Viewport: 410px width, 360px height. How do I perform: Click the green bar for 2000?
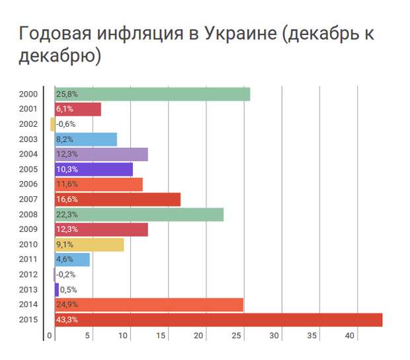click(152, 94)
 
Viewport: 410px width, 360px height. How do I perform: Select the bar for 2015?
click(218, 320)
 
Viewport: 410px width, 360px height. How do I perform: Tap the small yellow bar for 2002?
click(52, 124)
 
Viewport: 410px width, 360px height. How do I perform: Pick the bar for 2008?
click(139, 215)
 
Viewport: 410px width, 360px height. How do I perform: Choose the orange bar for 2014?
click(149, 305)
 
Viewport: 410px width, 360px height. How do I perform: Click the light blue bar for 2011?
click(72, 260)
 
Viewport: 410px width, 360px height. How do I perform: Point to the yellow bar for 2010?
click(89, 244)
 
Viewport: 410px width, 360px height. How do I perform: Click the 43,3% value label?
click(67, 320)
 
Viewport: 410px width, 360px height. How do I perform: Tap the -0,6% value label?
click(66, 124)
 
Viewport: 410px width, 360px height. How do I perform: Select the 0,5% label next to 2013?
click(67, 290)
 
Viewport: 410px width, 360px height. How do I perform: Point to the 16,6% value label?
click(67, 199)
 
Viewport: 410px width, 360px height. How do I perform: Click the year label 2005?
click(28, 169)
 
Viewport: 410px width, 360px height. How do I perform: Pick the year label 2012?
click(28, 275)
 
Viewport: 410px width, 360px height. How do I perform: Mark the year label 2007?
click(28, 199)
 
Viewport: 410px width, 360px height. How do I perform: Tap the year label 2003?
click(28, 139)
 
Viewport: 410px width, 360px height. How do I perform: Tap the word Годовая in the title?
click(54, 34)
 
